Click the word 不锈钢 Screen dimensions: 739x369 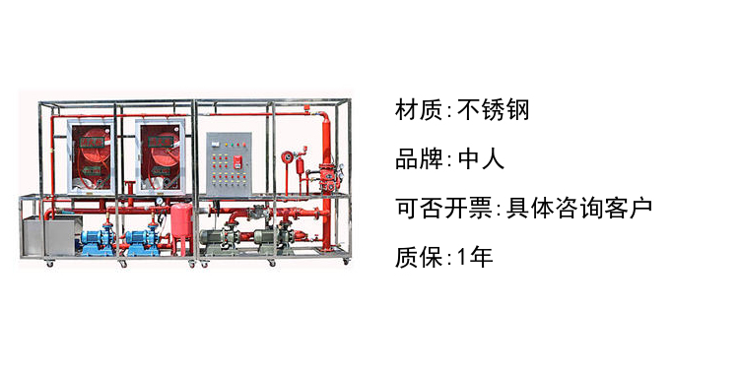493,110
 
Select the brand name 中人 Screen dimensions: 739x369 481,159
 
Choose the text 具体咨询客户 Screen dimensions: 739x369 579,208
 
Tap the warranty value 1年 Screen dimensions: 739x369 475,258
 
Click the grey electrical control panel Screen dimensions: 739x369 229,164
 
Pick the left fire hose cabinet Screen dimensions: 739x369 91,156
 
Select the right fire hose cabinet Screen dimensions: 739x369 160,156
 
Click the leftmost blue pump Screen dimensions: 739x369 98,241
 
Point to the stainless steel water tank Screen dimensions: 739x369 51,235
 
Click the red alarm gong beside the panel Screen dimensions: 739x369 287,156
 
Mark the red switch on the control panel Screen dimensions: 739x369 238,162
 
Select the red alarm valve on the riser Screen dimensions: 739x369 326,176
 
